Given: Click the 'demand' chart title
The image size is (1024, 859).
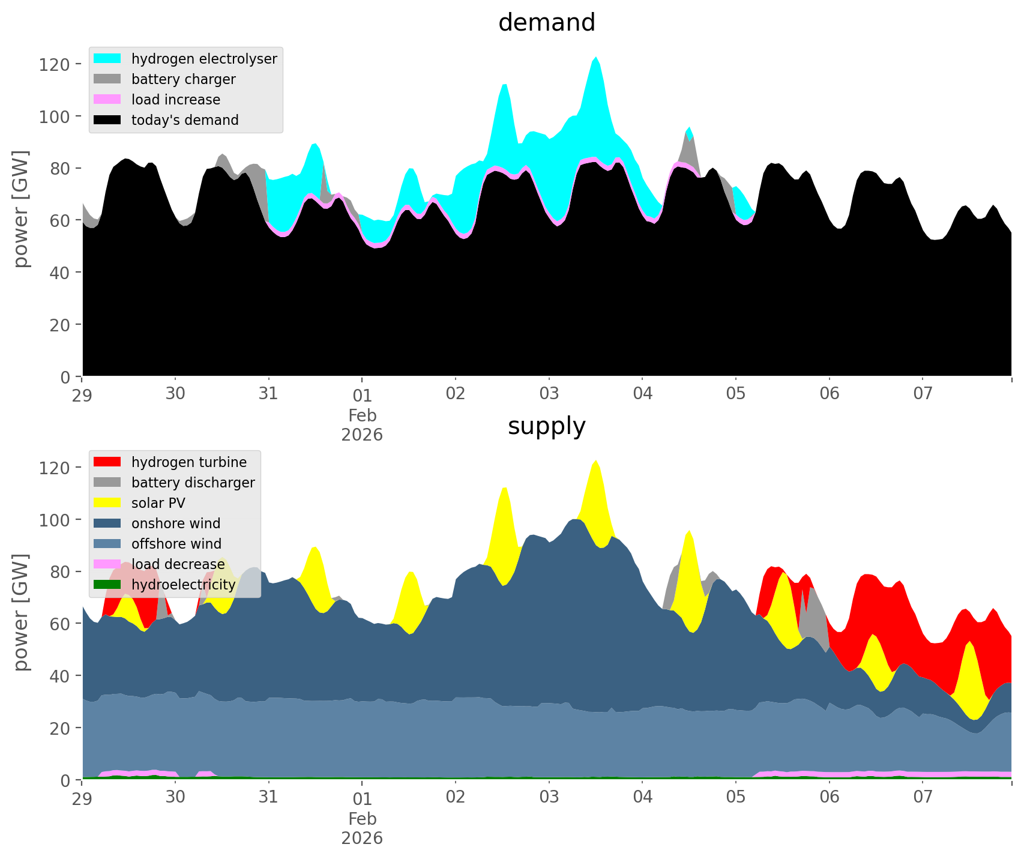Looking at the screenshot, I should [x=546, y=23].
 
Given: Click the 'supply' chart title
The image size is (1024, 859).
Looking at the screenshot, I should [x=546, y=426].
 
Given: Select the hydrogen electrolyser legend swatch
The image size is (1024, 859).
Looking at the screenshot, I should [x=107, y=59].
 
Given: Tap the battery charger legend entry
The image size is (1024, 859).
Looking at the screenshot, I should [x=183, y=79].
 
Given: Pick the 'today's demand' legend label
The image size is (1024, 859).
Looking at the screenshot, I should [x=185, y=120].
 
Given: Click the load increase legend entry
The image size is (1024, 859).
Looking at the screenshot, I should [x=175, y=100].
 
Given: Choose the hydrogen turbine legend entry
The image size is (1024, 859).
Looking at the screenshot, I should [x=188, y=462].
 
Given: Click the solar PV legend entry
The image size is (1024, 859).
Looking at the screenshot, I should [x=158, y=503].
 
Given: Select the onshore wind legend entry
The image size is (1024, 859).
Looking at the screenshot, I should [x=175, y=523].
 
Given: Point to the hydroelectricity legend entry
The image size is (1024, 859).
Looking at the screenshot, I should [x=183, y=585].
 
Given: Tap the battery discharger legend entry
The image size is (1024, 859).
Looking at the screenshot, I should [x=193, y=483].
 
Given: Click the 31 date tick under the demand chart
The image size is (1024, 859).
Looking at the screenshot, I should [x=268, y=394].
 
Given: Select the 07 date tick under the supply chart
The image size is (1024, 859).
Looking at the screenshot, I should [x=923, y=798].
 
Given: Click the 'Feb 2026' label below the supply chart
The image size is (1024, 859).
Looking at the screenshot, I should [x=362, y=828].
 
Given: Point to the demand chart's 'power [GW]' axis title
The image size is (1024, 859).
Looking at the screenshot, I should [x=21, y=209].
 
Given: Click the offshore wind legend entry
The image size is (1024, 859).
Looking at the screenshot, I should [x=176, y=544].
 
